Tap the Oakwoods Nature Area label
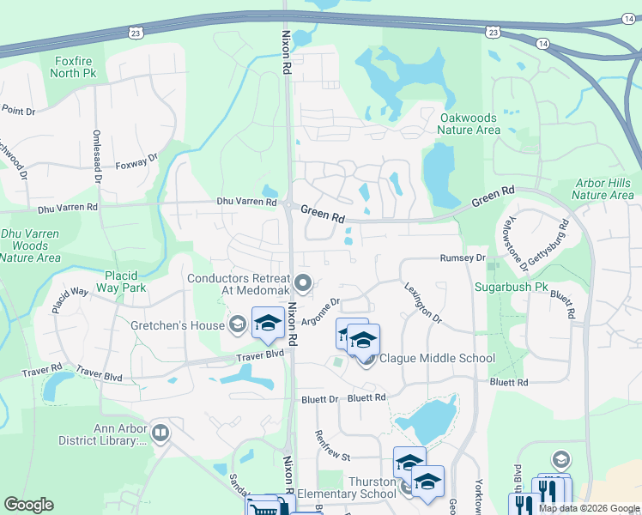pos(469,124)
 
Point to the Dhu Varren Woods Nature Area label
pos(30,245)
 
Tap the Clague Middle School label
pos(437,358)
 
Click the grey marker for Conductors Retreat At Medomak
pos(302,282)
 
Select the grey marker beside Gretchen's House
pos(238,324)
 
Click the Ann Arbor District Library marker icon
pos(160,432)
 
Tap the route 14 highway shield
pos(542,42)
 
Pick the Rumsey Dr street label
pos(463,257)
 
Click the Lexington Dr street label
pos(422,305)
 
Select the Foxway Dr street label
pos(137,162)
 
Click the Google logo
pos(29,505)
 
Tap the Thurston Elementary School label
pos(371,488)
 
